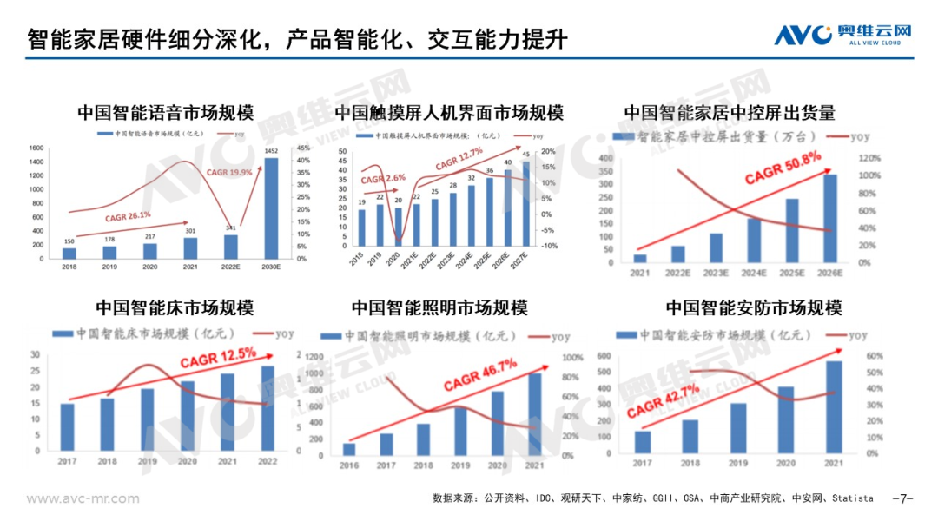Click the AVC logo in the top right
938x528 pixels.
pos(843,34)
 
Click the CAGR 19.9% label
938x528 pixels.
pos(229,172)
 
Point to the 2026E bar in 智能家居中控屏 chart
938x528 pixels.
pos(829,218)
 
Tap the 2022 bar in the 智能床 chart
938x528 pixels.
pos(268,409)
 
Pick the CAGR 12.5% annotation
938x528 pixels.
pos(217,356)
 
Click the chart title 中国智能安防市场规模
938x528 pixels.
pos(754,308)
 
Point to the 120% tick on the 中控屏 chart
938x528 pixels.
pos(870,158)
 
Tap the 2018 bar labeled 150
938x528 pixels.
pos(69,253)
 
